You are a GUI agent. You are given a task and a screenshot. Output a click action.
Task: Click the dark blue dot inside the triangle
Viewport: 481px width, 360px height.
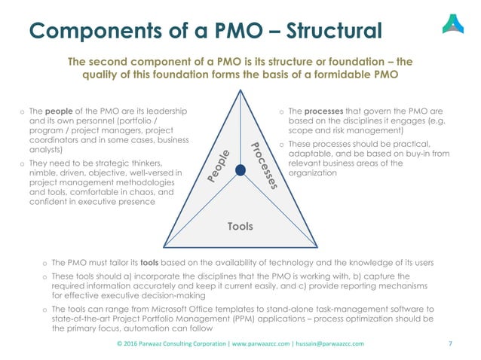tap(240, 170)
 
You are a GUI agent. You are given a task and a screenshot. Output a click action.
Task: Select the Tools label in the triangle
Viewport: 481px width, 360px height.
tap(240, 226)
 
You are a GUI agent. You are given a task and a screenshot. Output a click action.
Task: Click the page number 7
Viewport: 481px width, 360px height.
tap(449, 343)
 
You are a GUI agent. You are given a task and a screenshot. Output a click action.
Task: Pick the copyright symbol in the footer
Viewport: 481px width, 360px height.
tap(120, 343)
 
